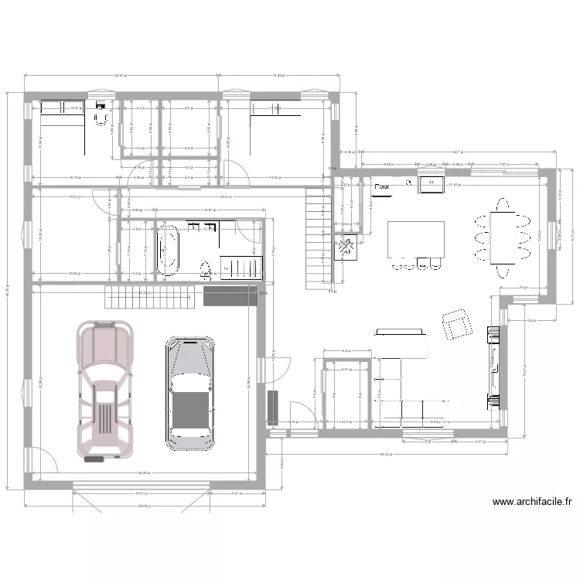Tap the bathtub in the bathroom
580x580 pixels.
click(x=167, y=250)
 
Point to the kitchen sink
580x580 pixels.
click(x=431, y=184)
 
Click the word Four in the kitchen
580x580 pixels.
click(x=382, y=186)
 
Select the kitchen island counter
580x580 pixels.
click(x=416, y=241)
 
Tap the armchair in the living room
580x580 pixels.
click(x=456, y=324)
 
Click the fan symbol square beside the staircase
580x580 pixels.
click(x=344, y=249)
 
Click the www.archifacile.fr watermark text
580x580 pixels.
click(x=532, y=502)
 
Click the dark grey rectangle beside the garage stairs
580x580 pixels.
click(x=230, y=296)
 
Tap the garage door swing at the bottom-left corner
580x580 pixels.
click(x=45, y=461)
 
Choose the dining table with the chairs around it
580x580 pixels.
click(x=503, y=238)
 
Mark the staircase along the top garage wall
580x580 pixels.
click(x=149, y=295)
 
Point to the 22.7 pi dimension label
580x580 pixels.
click(x=458, y=152)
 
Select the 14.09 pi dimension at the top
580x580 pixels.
click(x=278, y=75)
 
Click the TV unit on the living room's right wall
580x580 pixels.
click(x=490, y=367)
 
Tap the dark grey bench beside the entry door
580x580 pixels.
click(x=272, y=408)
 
